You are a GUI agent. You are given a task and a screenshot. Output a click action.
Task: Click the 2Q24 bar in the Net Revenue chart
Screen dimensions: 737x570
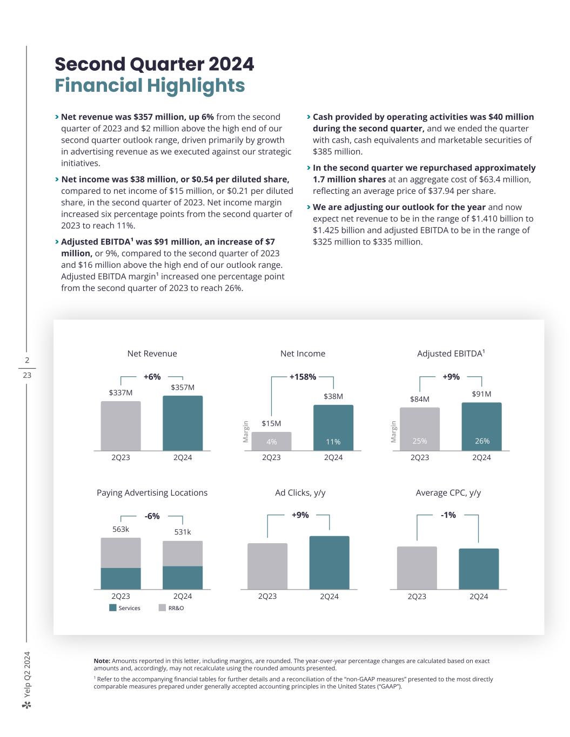[x=183, y=423]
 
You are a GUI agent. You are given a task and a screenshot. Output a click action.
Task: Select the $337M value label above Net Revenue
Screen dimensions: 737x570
[x=120, y=393]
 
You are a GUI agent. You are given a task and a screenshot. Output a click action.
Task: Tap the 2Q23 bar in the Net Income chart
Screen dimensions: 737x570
[x=271, y=441]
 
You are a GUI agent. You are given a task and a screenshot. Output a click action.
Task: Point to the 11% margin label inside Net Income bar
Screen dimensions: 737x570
[x=333, y=442]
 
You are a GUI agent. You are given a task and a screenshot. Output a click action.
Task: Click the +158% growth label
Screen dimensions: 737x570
[x=303, y=377]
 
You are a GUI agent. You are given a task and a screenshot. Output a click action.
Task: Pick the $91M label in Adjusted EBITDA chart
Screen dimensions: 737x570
[x=481, y=394]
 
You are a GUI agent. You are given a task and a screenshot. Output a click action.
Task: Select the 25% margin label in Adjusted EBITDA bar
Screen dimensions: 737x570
[x=420, y=441]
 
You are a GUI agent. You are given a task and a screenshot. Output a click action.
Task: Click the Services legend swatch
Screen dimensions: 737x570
[x=113, y=607]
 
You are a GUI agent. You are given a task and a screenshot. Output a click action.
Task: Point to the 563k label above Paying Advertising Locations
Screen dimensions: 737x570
[x=120, y=529]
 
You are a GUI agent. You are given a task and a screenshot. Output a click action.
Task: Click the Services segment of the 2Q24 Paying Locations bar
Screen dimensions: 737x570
[x=183, y=578]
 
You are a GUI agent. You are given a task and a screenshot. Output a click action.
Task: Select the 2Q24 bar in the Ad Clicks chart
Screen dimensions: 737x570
[x=329, y=563]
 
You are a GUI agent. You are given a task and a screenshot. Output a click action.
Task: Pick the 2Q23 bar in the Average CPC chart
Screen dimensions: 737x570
[x=417, y=568]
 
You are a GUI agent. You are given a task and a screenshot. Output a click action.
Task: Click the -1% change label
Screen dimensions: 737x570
[x=448, y=515]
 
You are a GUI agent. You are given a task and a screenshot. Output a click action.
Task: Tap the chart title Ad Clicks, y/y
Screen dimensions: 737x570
[x=300, y=492]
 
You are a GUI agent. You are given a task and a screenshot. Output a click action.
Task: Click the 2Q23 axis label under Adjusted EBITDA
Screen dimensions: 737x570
[x=420, y=457]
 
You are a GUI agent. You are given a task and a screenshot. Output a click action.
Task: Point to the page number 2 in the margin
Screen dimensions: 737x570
[x=27, y=360]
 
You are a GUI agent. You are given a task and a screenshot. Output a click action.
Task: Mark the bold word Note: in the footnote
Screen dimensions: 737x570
[x=102, y=661]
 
